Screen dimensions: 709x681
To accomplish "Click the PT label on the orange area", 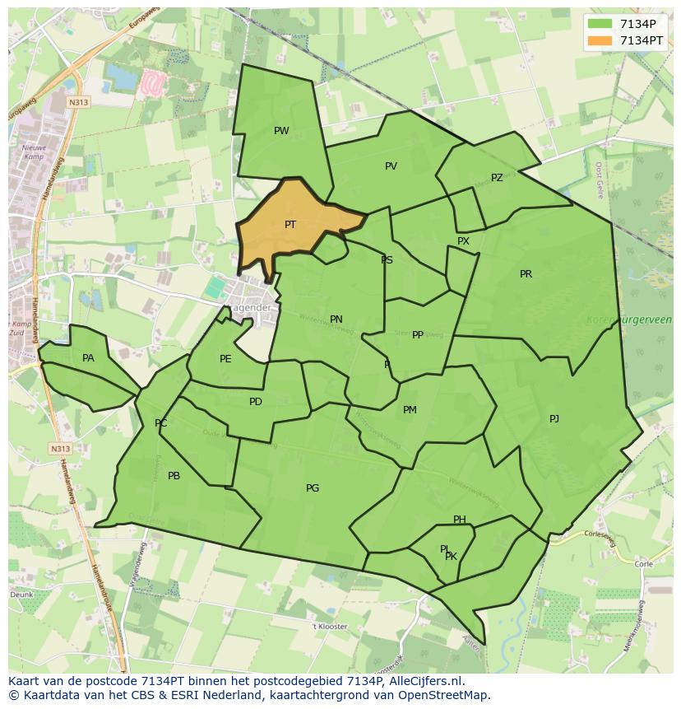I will tap(290, 225).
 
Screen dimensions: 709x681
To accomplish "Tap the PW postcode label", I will tap(281, 131).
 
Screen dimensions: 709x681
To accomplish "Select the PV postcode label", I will tap(391, 166).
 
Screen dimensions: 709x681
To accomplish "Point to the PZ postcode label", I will tap(497, 178).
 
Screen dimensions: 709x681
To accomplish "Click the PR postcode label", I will tap(526, 274).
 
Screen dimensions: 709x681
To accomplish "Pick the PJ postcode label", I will tap(554, 419).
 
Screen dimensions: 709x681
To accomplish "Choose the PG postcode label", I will tap(313, 488).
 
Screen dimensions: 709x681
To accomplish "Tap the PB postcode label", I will tap(174, 476).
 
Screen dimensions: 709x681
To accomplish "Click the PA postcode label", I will tap(88, 358).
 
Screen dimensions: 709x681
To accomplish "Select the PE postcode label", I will tap(225, 359).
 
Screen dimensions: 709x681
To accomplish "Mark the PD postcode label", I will tap(256, 402).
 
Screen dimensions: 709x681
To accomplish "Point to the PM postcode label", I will tap(410, 410).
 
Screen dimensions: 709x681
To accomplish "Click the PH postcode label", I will tap(460, 520).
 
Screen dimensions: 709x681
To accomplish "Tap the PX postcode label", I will tap(463, 241).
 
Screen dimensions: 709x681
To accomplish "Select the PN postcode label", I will tap(336, 320).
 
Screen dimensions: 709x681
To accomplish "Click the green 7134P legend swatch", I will tap(600, 24).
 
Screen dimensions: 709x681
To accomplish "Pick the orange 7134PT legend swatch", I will tap(600, 40).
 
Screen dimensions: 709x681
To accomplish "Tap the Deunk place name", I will tap(21, 594).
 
